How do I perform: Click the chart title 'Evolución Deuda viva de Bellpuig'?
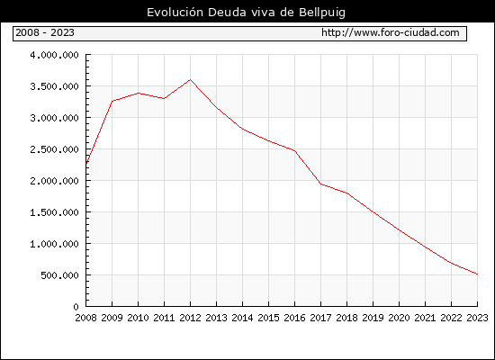(x=246, y=13)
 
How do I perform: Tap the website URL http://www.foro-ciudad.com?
(x=391, y=32)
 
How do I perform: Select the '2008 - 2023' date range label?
(x=45, y=32)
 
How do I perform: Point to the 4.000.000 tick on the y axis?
(x=54, y=55)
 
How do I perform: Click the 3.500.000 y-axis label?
(x=54, y=86)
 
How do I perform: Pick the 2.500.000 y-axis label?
(x=54, y=149)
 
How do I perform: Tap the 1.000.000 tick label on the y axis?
(x=54, y=244)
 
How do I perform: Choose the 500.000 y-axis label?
(x=59, y=275)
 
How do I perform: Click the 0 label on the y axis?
(x=76, y=307)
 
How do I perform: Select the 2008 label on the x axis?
(x=85, y=318)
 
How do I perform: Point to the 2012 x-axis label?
(x=191, y=318)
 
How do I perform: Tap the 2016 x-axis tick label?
(x=295, y=318)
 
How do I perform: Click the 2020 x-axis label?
(x=399, y=318)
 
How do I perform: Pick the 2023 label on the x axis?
(x=477, y=318)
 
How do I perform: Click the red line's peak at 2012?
(x=191, y=79)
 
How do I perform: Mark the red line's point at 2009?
(x=112, y=101)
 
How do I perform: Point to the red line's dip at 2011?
(x=164, y=98)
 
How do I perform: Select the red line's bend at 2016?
(x=295, y=150)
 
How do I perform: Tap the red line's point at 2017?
(x=321, y=184)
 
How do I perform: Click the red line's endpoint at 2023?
(x=477, y=274)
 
